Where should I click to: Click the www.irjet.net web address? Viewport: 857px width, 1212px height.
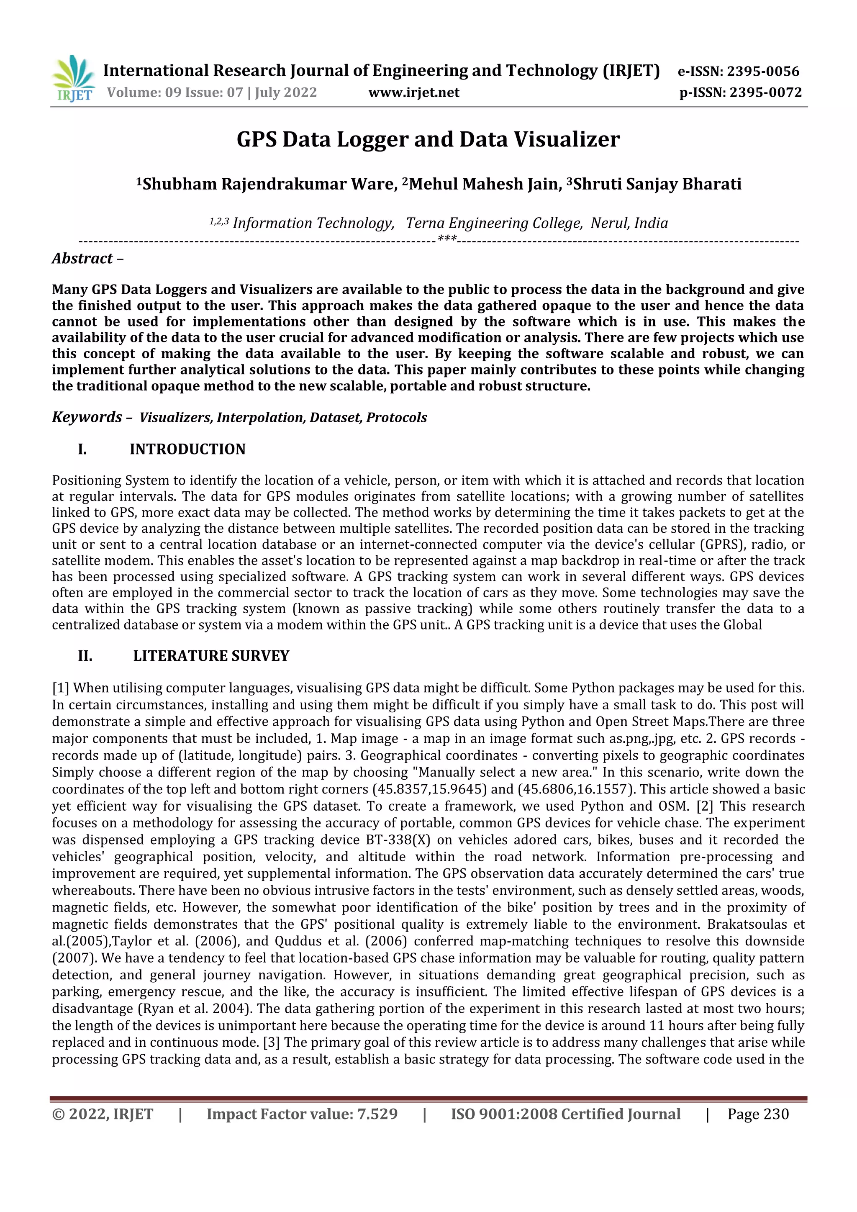point(414,93)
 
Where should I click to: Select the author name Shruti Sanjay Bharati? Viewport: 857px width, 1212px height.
point(657,184)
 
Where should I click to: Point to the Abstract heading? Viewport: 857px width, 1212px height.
point(82,259)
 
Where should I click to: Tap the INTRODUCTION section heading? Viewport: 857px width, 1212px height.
point(187,449)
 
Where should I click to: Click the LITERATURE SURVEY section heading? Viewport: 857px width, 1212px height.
point(211,656)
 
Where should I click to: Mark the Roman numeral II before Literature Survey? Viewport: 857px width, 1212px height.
point(85,656)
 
